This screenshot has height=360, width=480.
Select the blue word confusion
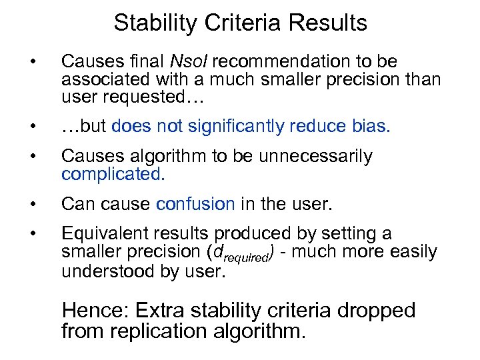(x=195, y=204)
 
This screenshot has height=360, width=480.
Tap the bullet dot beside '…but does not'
(x=33, y=127)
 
